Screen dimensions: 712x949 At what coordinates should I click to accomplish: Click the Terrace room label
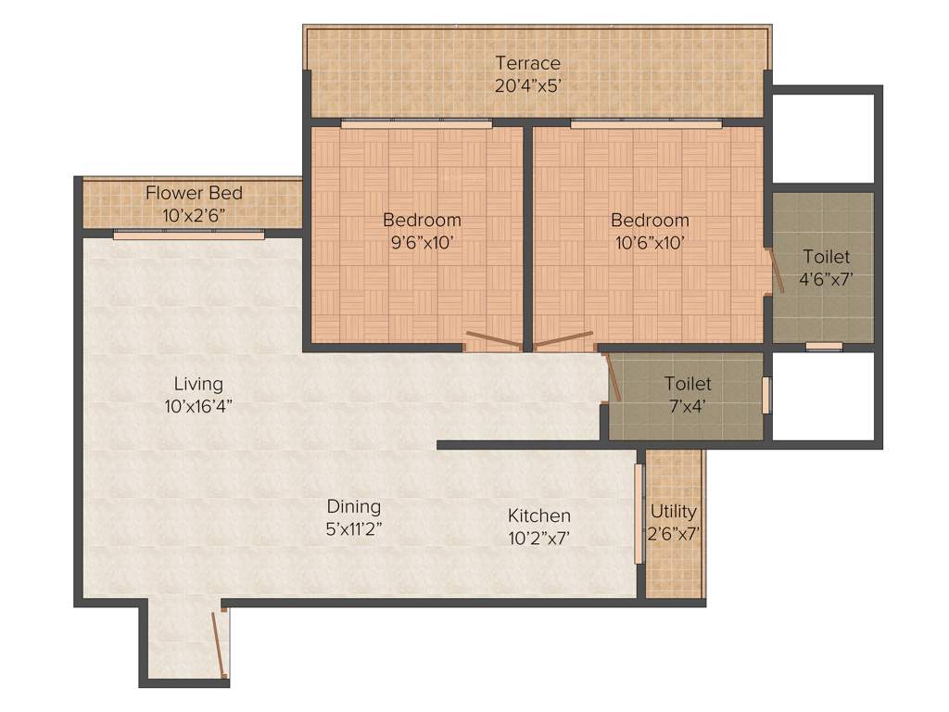click(x=527, y=63)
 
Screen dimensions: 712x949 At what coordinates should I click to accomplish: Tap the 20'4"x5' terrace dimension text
click(x=527, y=83)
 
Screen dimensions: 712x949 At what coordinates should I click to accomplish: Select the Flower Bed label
click(x=194, y=193)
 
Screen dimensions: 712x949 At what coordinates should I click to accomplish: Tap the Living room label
click(x=198, y=383)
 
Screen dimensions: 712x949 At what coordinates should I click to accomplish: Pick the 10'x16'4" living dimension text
click(x=198, y=404)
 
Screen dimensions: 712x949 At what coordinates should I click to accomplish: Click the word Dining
click(x=353, y=506)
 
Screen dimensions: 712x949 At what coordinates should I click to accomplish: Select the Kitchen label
click(x=538, y=515)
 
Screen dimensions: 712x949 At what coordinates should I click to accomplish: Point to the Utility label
click(x=674, y=512)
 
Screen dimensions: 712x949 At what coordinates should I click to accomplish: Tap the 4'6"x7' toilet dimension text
click(x=826, y=277)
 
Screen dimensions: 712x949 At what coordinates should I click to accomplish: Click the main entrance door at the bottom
click(x=220, y=642)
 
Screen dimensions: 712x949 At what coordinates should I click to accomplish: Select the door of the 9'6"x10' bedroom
click(x=494, y=339)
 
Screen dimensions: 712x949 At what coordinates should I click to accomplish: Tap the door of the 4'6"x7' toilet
click(x=777, y=272)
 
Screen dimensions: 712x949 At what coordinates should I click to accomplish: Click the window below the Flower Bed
click(x=189, y=235)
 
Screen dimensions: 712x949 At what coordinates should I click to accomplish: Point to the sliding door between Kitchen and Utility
click(x=639, y=514)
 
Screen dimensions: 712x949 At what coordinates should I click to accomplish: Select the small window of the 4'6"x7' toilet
click(x=823, y=347)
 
